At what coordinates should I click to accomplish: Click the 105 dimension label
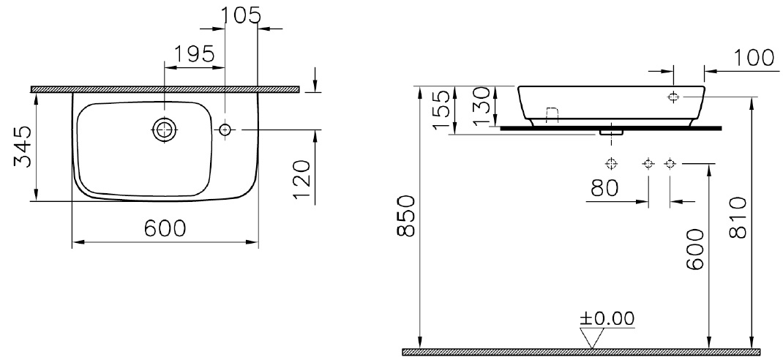241,15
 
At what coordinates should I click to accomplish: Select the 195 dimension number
194,53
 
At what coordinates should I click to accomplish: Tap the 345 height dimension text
23,147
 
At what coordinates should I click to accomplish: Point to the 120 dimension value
302,180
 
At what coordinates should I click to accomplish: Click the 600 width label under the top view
165,228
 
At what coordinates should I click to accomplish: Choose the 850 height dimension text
406,217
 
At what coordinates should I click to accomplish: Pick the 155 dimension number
443,108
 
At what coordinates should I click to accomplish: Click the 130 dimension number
482,106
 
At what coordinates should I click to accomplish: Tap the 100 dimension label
754,58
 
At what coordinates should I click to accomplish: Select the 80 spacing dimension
604,188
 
